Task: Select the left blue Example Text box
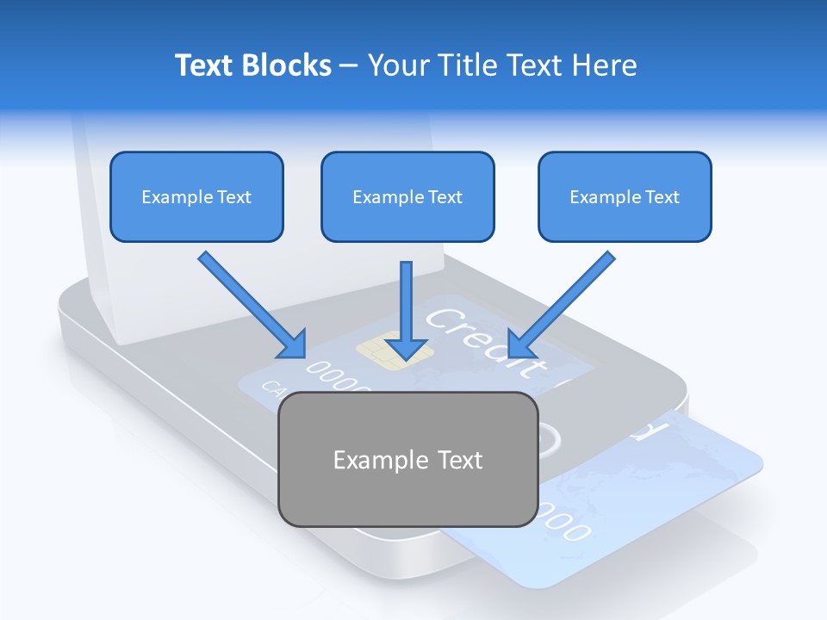196,196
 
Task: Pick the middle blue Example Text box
407,196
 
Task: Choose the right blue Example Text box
625,196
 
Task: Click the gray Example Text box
407,459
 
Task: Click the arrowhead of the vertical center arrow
407,348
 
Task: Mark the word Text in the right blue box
662,196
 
